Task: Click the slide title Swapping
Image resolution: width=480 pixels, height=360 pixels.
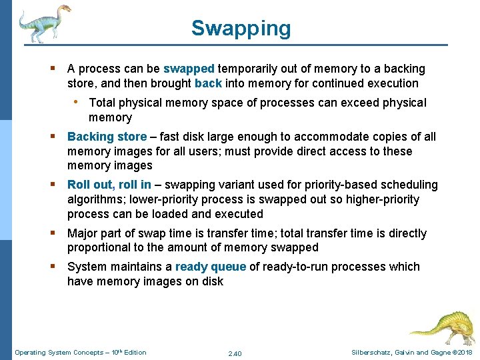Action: click(241, 29)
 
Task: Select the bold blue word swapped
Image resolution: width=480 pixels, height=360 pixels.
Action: click(189, 69)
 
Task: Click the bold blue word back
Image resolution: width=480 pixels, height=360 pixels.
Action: click(208, 83)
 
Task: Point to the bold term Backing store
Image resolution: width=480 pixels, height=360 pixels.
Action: click(107, 137)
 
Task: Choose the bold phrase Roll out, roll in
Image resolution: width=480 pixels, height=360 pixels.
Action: click(109, 185)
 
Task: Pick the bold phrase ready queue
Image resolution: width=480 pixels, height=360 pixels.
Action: click(210, 267)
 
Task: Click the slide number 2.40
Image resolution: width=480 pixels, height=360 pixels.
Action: click(235, 353)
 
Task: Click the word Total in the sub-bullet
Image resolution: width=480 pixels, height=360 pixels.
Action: click(103, 103)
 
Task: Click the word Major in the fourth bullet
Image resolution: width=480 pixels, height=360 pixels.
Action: click(83, 233)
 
